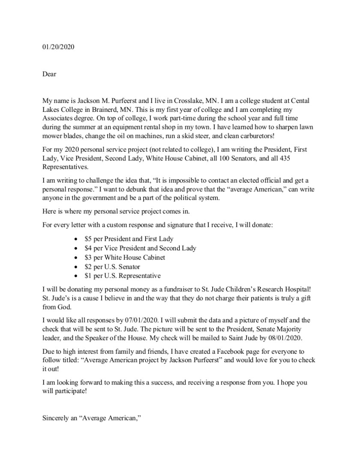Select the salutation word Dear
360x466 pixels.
tap(49, 74)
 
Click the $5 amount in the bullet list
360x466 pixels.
tap(89, 239)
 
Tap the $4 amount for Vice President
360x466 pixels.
tap(89, 248)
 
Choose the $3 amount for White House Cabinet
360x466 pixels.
tap(89, 258)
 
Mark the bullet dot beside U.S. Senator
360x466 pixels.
tap(76, 267)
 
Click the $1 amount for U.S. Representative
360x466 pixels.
tap(89, 276)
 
